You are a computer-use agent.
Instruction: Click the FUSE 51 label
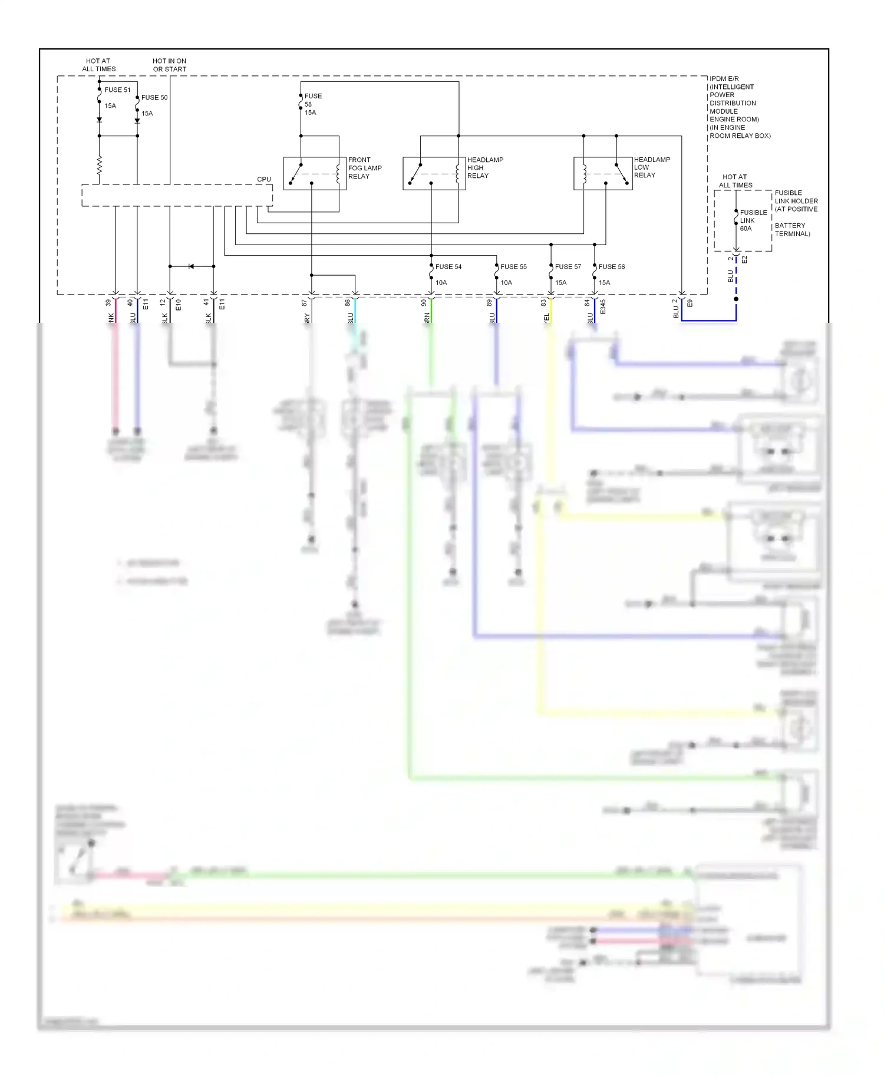pos(117,90)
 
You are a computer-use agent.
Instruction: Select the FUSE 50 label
pos(154,98)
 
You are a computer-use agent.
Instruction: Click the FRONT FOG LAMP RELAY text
pos(364,168)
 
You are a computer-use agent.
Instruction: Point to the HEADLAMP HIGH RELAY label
pos(484,168)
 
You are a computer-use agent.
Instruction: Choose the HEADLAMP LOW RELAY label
pos(651,167)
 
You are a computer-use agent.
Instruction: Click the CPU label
pos(263,179)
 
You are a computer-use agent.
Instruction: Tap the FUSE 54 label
pos(448,267)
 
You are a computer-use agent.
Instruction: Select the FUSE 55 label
pos(513,267)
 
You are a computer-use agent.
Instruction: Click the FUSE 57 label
pos(568,267)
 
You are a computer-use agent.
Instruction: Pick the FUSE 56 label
pos(611,267)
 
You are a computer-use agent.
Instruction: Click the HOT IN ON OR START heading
pos(169,65)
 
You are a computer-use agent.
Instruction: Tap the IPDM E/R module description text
pos(739,107)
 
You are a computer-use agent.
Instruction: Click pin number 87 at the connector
pos(305,303)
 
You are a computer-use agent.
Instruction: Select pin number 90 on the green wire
pos(424,303)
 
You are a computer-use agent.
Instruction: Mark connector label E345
pos(603,306)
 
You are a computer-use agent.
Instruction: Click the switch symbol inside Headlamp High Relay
pos(416,174)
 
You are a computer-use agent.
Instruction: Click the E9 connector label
pos(690,303)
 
